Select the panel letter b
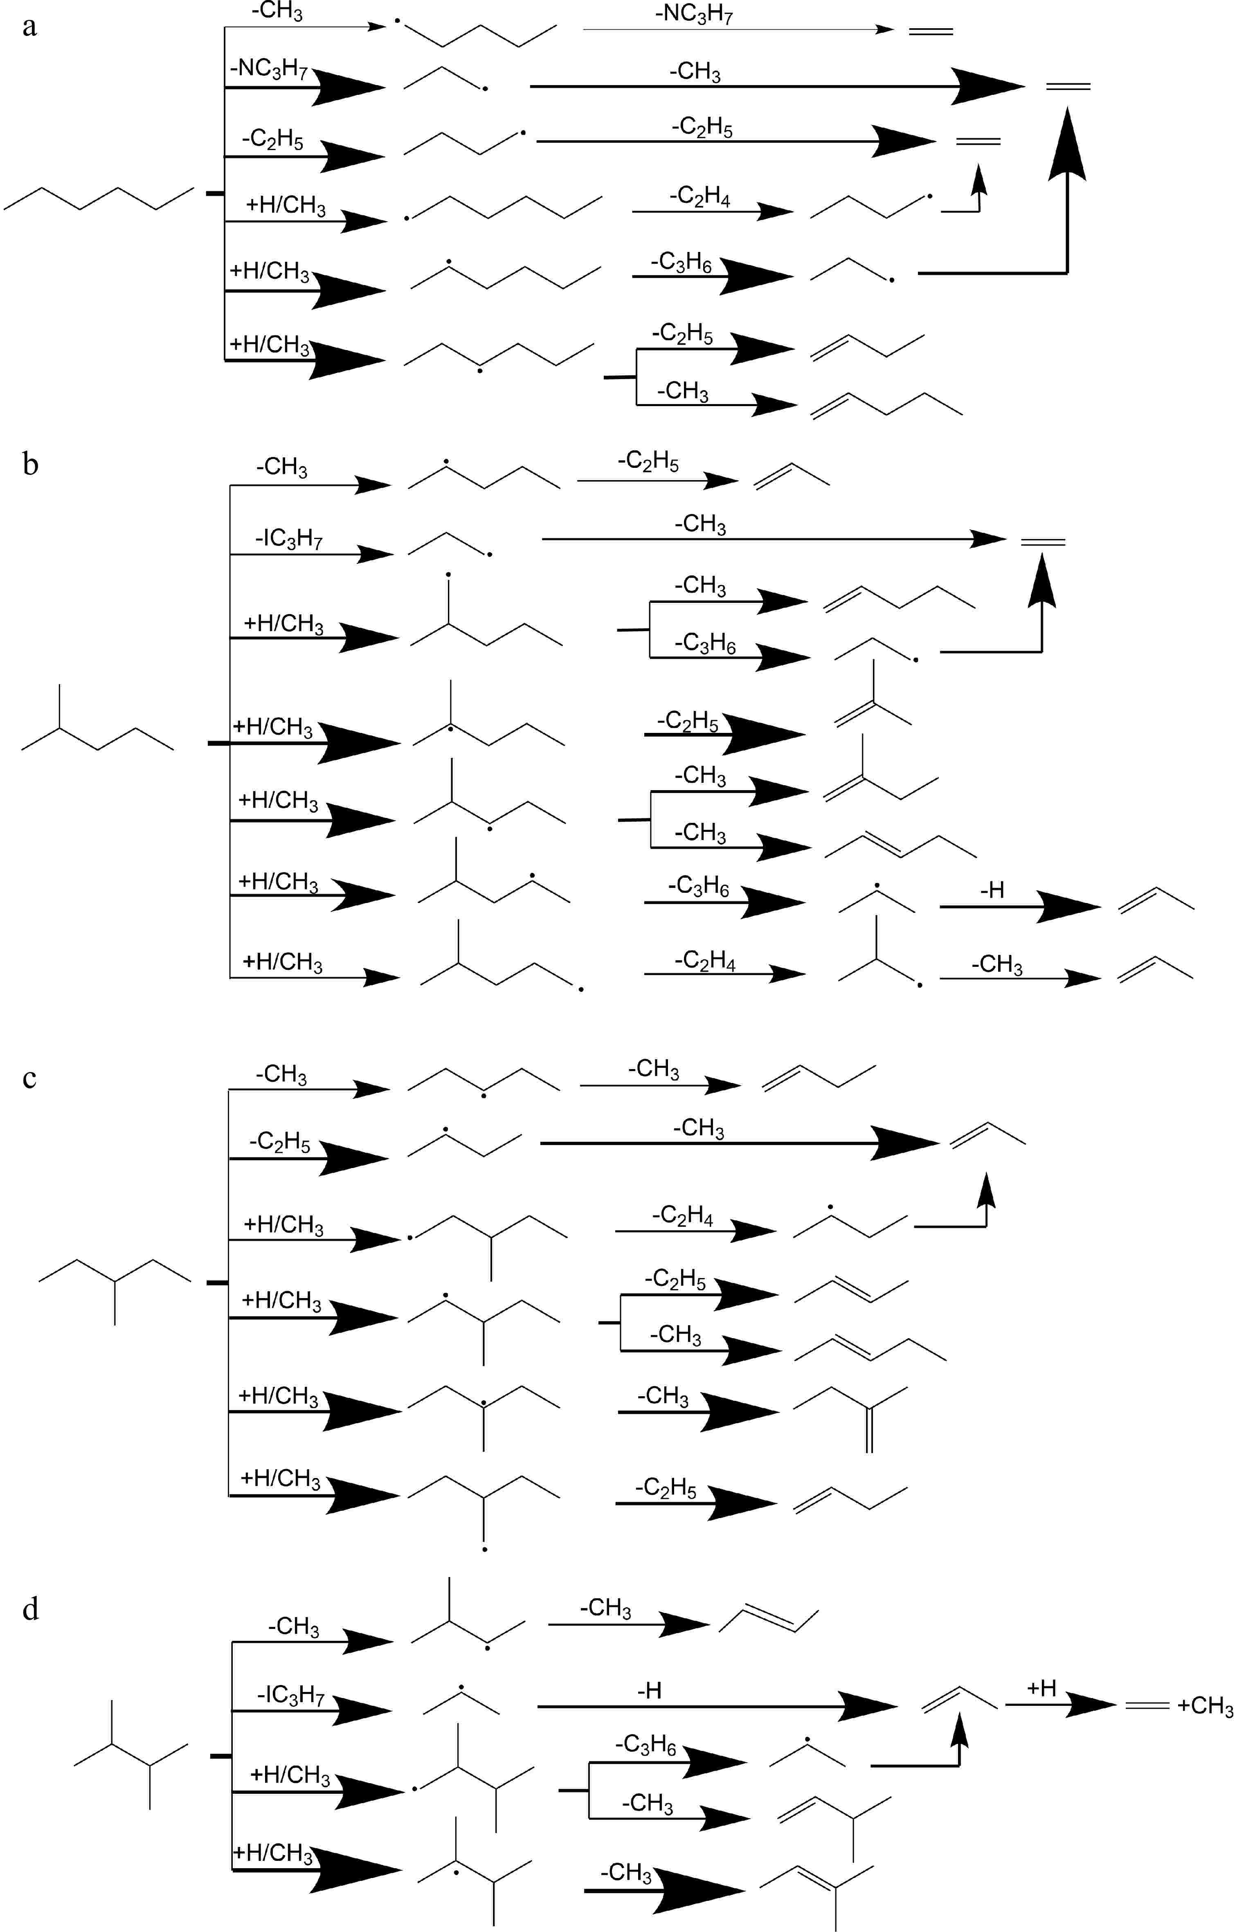tap(31, 464)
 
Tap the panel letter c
tap(30, 1078)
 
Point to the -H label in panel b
tap(992, 890)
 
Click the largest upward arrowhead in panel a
tap(1068, 144)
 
